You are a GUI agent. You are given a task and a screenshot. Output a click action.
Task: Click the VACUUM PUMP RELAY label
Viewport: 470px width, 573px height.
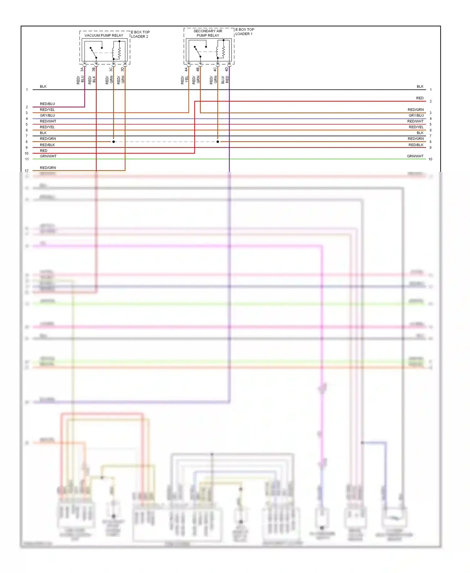[x=104, y=35]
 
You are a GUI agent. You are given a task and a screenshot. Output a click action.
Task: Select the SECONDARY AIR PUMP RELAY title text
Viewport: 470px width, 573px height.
[x=208, y=33]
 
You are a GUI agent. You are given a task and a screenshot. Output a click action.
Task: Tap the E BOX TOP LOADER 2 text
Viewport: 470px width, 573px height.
[x=140, y=34]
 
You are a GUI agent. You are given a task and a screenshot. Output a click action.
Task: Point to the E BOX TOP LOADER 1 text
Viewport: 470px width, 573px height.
[x=244, y=32]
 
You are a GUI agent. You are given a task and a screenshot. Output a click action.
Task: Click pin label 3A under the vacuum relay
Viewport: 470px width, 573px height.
[x=82, y=69]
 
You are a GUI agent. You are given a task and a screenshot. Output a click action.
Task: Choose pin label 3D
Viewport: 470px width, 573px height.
[x=123, y=69]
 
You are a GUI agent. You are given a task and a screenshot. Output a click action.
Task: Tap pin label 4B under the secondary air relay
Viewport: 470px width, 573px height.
[x=198, y=69]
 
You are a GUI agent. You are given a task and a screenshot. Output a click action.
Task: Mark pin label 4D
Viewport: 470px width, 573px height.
[x=227, y=69]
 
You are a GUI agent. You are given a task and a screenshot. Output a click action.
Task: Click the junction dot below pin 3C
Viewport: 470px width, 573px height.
[x=113, y=142]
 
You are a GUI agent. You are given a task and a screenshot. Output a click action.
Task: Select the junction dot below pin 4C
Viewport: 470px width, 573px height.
[x=218, y=142]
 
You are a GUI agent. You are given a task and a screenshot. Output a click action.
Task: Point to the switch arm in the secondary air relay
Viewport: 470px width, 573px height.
[x=198, y=52]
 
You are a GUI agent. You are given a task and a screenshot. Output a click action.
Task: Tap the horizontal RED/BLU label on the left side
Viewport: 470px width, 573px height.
[x=47, y=104]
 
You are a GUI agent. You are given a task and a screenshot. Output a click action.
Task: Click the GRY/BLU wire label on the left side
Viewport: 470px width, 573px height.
[x=47, y=115]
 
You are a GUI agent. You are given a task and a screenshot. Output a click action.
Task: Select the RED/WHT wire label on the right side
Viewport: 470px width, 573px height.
[x=415, y=121]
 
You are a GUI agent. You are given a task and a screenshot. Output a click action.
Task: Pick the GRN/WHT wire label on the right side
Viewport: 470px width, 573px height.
[x=415, y=156]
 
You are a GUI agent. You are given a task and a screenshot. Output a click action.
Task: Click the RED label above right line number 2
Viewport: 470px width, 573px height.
[x=420, y=98]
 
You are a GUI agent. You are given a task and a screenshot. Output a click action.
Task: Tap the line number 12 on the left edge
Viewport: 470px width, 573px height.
[x=27, y=171]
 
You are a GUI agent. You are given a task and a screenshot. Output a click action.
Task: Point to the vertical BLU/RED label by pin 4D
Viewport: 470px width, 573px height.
[x=225, y=80]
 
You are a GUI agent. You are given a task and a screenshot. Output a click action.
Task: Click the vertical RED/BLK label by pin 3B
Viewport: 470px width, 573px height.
[x=92, y=80]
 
